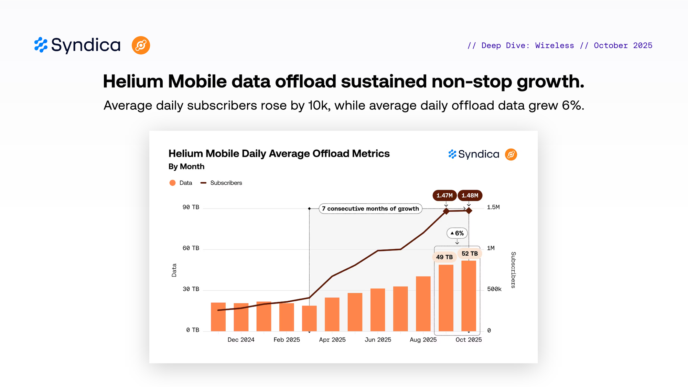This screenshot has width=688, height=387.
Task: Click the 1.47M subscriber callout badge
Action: (x=444, y=195)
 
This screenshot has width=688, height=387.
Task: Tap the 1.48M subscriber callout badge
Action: (x=470, y=195)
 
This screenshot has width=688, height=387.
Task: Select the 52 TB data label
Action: (x=470, y=254)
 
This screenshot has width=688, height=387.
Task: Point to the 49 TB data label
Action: (x=444, y=257)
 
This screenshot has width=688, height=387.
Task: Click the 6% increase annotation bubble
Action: (x=457, y=233)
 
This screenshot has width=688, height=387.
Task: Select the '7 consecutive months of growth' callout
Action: (x=370, y=208)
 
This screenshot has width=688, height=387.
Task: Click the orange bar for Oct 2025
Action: (x=469, y=296)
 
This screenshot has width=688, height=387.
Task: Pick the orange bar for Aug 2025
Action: (x=423, y=303)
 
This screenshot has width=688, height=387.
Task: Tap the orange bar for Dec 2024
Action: (x=241, y=317)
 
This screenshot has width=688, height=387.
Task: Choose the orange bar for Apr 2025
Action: (x=332, y=314)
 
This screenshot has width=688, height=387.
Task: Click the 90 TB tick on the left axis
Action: (x=191, y=207)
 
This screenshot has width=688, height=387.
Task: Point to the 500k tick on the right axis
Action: (x=494, y=289)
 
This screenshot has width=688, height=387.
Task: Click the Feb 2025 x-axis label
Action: (x=287, y=340)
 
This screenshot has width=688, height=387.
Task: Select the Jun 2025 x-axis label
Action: (x=378, y=340)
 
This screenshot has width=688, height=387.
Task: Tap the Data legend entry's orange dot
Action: (x=173, y=183)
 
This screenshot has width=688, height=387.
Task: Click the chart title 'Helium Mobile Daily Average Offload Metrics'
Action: (x=279, y=153)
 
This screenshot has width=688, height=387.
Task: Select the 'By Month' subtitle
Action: (x=186, y=166)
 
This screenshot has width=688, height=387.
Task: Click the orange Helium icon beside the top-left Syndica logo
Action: (x=141, y=45)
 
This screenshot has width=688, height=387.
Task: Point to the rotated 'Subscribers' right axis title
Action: (x=513, y=270)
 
